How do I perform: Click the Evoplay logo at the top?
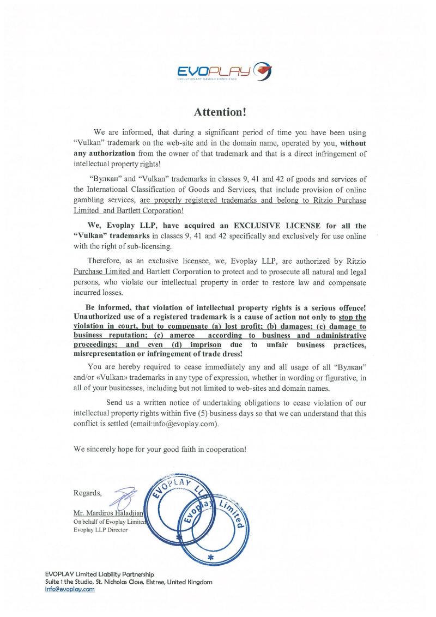click(x=225, y=71)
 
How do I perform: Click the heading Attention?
click(x=220, y=112)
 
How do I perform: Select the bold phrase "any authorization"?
click(x=104, y=153)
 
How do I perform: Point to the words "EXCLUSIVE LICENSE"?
click(x=274, y=226)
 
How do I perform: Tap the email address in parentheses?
click(x=175, y=424)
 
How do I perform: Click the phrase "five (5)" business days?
click(x=205, y=414)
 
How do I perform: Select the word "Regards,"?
click(x=88, y=493)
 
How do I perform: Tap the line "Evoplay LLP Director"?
click(x=100, y=529)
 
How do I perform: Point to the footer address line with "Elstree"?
click(x=129, y=582)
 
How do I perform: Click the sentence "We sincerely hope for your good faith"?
click(x=160, y=450)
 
